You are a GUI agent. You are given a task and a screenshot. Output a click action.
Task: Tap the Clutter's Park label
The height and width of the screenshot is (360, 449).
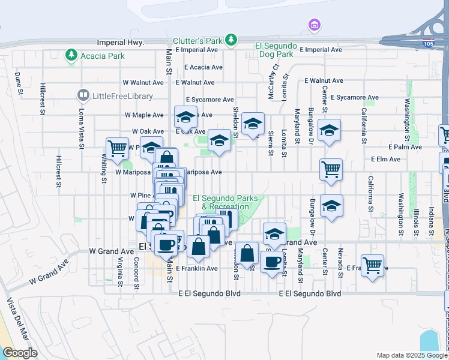click(x=197, y=41)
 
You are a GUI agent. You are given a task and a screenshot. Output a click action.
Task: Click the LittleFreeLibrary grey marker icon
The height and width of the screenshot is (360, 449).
click(x=83, y=95)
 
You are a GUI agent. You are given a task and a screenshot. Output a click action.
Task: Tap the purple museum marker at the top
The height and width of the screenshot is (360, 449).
click(x=314, y=25)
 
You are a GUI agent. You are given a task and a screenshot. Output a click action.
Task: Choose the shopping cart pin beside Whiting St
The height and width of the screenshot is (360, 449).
click(x=117, y=148)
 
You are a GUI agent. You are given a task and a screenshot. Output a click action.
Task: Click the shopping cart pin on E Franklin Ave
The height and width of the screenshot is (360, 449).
click(x=372, y=265)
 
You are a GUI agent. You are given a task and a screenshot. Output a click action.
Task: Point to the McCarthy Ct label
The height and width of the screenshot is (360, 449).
click(x=276, y=76)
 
